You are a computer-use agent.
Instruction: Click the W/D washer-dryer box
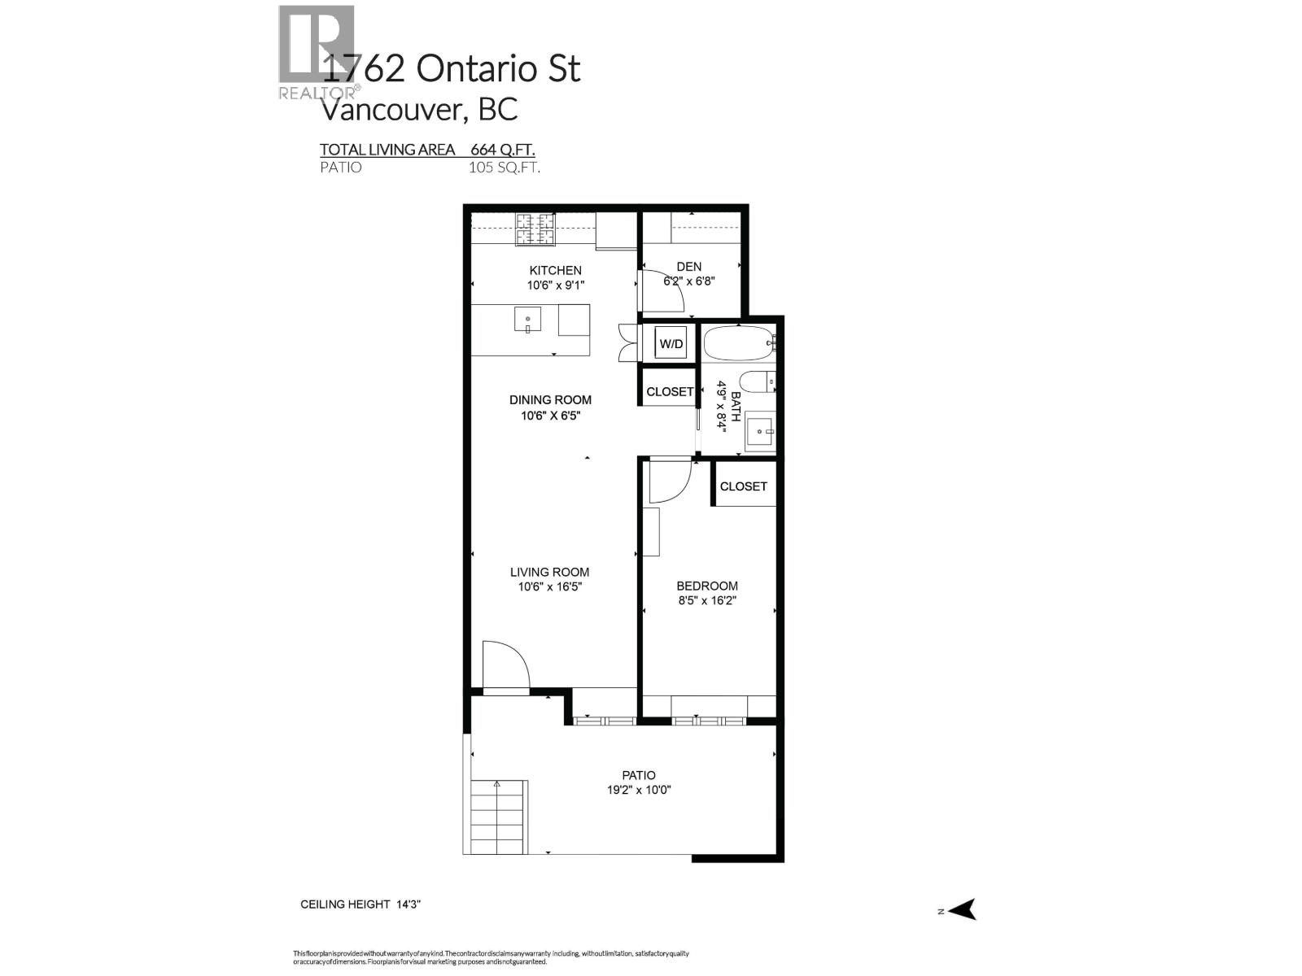pos(671,344)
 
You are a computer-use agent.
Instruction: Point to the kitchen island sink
pos(527,320)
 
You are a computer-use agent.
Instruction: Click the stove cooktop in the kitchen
pos(535,229)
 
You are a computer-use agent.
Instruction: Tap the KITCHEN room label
pos(555,270)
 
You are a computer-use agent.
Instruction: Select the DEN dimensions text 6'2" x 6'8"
pos(688,281)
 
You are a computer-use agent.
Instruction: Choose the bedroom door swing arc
pos(669,483)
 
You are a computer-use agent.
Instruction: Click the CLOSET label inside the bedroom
pos(743,486)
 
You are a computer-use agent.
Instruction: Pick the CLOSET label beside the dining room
pos(670,392)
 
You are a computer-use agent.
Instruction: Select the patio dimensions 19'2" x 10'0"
pos(639,790)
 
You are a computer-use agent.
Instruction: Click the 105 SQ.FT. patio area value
pos(504,168)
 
